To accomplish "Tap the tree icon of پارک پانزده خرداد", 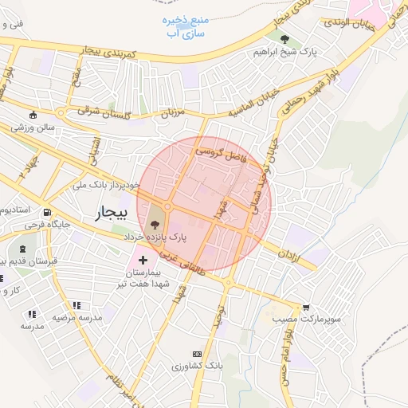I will coord(155,226).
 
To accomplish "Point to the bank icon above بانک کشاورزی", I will coord(196,354).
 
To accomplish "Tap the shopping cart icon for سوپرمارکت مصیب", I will coord(306,308).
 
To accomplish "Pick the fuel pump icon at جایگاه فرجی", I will coord(47,213).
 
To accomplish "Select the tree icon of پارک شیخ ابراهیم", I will coord(285,40).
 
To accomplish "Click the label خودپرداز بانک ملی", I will coord(105,185).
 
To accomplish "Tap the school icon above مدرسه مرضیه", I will coord(76,305).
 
